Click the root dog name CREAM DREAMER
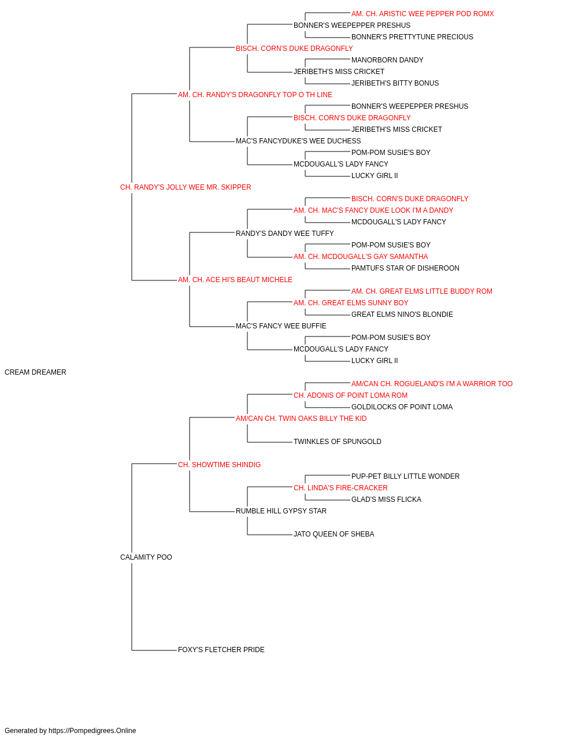[x=35, y=372]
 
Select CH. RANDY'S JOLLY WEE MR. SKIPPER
[x=186, y=187]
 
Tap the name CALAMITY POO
[x=146, y=557]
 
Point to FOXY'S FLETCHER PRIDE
[x=221, y=650]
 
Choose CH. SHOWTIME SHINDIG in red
[x=219, y=465]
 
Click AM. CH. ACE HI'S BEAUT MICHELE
[x=235, y=280]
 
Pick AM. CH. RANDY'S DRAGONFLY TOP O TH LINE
[x=255, y=95]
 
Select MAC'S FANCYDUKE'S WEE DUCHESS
[x=298, y=141]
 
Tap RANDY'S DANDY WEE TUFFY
[x=284, y=234]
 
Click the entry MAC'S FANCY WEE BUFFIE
[x=281, y=326]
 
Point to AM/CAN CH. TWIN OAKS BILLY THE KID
[x=301, y=419]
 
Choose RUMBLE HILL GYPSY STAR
[x=281, y=511]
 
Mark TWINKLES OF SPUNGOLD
[x=338, y=442]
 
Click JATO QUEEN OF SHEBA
[x=334, y=534]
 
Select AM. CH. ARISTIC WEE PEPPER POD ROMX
[x=423, y=14]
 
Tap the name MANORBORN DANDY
[x=387, y=60]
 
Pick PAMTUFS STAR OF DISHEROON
[x=405, y=268]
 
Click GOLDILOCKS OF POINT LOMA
[x=402, y=407]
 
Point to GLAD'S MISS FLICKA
[x=386, y=499]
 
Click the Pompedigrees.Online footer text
[x=70, y=731]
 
